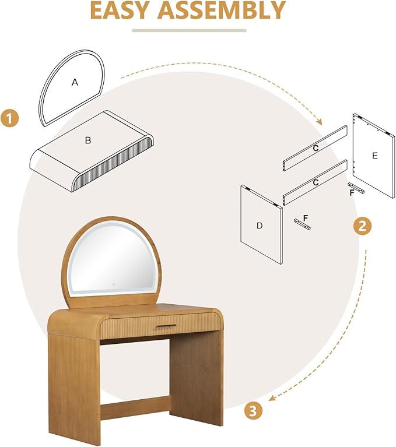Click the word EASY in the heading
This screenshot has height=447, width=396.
119,10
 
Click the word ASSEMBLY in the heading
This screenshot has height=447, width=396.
222,10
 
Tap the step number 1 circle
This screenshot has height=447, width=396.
9,118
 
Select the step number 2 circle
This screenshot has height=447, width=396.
362,226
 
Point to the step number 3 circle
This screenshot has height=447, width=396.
253,411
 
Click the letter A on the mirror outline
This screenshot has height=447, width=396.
75,82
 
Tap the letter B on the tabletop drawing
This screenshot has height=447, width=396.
88,140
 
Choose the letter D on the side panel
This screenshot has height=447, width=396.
260,226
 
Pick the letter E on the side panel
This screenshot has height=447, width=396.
375,156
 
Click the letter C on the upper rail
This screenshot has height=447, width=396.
316,148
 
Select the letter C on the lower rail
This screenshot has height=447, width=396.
316,182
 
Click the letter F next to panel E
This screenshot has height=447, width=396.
352,193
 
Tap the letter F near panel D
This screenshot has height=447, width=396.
306,219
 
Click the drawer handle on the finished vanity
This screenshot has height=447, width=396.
166,326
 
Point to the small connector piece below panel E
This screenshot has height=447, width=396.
356,188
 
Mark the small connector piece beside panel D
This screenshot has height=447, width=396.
303,224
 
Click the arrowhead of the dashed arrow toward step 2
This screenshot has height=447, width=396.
319,122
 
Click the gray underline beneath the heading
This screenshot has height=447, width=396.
189,30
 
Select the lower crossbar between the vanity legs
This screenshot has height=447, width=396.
135,406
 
